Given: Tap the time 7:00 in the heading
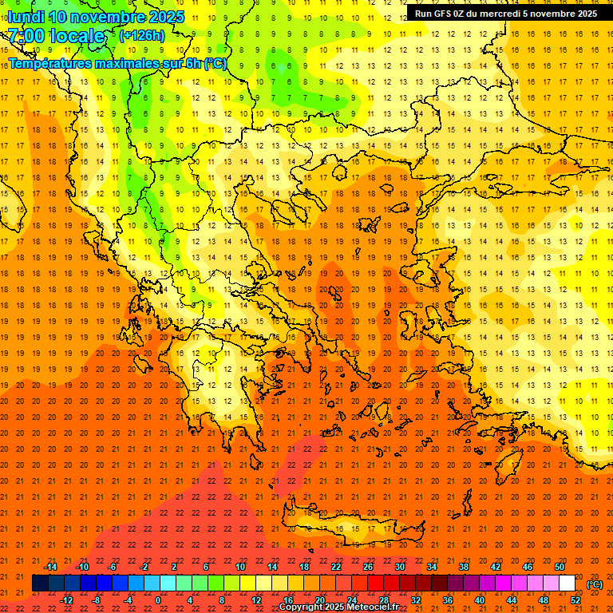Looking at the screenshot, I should [x=26, y=36].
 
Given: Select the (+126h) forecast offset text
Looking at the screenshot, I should [x=141, y=36].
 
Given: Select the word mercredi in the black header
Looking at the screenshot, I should [x=500, y=14].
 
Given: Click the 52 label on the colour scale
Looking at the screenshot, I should [x=575, y=600].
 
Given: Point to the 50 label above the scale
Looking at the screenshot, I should [x=560, y=567].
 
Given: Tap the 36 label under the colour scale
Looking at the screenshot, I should [x=448, y=600].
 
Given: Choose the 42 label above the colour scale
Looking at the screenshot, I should [x=496, y=567].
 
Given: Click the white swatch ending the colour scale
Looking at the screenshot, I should [x=567, y=583].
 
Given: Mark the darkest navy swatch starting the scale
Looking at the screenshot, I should [x=40, y=583].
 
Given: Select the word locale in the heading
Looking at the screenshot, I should [x=77, y=36].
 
